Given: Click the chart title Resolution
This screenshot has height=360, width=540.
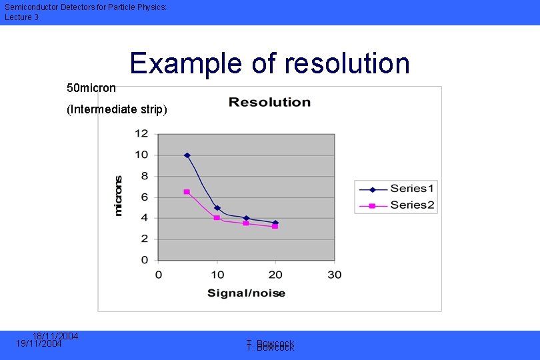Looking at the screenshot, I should [x=269, y=102].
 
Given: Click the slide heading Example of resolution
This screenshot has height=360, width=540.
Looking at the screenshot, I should [x=269, y=63].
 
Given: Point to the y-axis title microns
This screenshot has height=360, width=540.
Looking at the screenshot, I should [x=119, y=195].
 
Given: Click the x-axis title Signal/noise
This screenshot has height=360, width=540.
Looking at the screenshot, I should [x=246, y=293].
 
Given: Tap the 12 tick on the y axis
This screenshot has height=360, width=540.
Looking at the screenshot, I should [x=141, y=133].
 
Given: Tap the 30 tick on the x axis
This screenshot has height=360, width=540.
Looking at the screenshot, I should [x=334, y=275].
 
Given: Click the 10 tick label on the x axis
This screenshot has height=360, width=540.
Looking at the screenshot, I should [x=217, y=275].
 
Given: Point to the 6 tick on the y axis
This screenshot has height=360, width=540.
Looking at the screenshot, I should [x=144, y=197].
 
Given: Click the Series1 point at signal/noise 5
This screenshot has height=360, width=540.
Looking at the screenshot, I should [x=187, y=155].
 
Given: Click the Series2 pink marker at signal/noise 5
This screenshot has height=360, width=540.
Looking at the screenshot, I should [x=187, y=192].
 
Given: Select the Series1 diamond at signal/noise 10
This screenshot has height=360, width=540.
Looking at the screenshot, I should [x=217, y=208].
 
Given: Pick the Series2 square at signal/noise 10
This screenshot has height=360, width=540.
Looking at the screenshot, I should [x=217, y=218].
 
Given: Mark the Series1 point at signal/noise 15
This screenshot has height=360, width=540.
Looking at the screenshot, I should [x=246, y=218].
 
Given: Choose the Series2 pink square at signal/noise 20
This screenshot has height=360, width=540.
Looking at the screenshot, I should [x=275, y=227].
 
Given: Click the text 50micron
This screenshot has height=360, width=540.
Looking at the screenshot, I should [x=91, y=88].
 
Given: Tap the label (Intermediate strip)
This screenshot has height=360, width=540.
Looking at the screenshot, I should [x=117, y=109].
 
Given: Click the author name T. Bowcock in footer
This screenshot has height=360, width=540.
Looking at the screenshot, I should [x=270, y=345].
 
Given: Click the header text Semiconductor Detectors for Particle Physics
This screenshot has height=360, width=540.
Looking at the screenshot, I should [x=85, y=7].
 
